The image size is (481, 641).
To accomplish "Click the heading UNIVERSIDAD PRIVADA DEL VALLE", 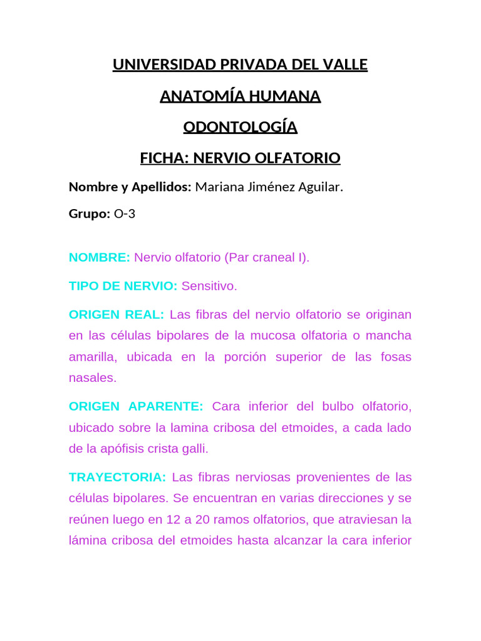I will [x=240, y=64].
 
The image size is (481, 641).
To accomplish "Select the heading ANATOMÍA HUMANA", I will [x=240, y=96].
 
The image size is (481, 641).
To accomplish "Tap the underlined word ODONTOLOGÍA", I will [x=240, y=128].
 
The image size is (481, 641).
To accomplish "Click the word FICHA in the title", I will [x=163, y=158].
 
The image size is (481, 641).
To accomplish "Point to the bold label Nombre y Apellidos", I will [x=129, y=187].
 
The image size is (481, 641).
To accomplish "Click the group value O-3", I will [x=124, y=214].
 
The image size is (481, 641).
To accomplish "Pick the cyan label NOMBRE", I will [x=99, y=257].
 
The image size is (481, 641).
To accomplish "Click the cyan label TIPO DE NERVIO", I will [x=123, y=286].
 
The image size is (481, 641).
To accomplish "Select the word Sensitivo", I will [x=209, y=286].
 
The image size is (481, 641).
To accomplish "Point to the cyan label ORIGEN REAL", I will [x=116, y=314].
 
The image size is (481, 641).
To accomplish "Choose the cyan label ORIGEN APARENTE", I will [x=136, y=406].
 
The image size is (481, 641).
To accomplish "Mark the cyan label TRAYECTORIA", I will [x=117, y=478].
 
